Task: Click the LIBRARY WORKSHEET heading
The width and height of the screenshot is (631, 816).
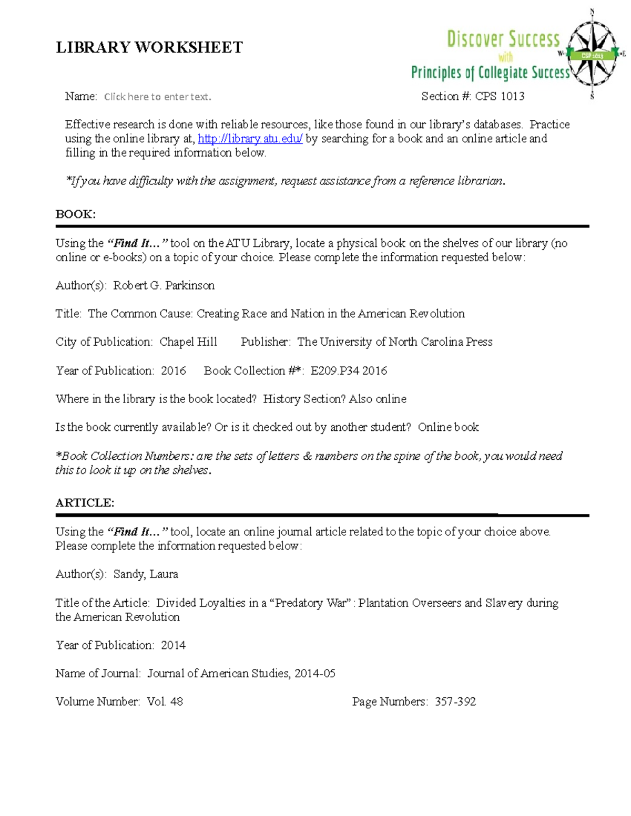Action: pos(149,48)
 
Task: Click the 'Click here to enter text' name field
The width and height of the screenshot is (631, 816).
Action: pos(157,97)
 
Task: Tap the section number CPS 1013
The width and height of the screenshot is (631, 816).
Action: pos(500,96)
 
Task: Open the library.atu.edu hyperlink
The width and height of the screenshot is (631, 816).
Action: pos(250,139)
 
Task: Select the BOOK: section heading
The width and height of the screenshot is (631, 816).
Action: pos(76,214)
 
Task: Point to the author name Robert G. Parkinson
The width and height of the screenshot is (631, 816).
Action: pos(164,285)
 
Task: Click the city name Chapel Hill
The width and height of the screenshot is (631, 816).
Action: pos(188,342)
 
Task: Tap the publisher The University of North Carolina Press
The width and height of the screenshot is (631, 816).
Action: pos(395,342)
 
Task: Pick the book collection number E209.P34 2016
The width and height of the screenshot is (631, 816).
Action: pos(349,370)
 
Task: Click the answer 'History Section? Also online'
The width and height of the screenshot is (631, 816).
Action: pos(334,399)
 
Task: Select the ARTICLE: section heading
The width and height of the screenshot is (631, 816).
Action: pos(85,503)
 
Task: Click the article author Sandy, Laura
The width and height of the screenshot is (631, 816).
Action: pos(146,574)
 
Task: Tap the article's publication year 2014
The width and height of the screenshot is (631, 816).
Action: pos(173,645)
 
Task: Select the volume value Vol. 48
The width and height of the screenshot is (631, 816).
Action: pos(165,701)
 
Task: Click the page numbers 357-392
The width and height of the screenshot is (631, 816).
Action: pos(455,701)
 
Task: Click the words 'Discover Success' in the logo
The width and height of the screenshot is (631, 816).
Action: pos(503,39)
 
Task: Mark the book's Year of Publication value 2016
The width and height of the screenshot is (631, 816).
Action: pos(173,370)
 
